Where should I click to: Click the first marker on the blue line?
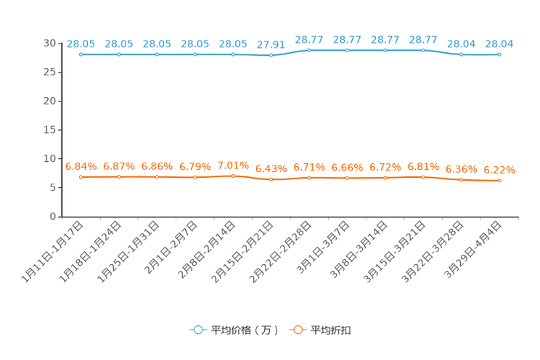coord(81,54)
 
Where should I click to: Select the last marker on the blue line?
coord(499,55)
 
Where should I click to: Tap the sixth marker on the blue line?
coord(271,56)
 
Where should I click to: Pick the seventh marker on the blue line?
coord(309,51)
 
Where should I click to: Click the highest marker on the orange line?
coord(233,175)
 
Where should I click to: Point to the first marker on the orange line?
coord(81,176)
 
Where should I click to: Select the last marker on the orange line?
coord(499,180)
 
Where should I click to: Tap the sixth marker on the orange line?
coord(271,179)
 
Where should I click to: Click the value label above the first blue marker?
coord(80,44)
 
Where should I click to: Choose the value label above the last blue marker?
coord(499,44)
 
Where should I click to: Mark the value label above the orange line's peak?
coord(233,164)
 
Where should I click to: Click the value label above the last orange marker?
coord(500,169)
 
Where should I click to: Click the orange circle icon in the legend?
coord(297,330)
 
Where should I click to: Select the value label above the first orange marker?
coord(80,165)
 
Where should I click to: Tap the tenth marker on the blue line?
coord(423,51)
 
